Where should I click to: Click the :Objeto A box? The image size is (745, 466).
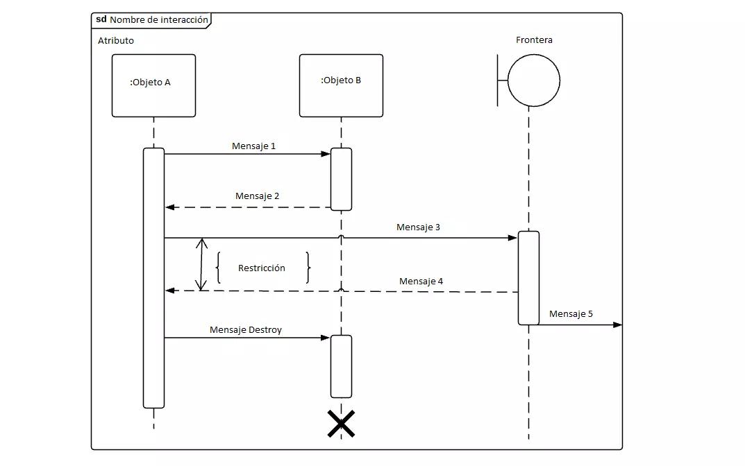[x=153, y=85]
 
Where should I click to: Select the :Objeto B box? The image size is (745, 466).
[x=341, y=85]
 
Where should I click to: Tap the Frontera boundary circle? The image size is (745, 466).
[x=533, y=80]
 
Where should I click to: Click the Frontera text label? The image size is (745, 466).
[x=534, y=40]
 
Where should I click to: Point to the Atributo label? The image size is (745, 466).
[x=116, y=41]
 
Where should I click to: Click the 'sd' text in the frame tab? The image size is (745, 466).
[x=101, y=19]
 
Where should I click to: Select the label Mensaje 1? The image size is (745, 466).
[x=253, y=146]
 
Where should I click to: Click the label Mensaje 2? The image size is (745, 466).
[x=257, y=196]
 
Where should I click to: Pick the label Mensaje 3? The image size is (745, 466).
[x=418, y=227]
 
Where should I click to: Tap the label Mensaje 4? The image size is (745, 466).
[x=421, y=282]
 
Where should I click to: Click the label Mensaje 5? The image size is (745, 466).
[x=571, y=314]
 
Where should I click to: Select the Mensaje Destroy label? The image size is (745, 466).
[x=246, y=330]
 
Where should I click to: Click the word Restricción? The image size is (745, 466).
[x=262, y=268]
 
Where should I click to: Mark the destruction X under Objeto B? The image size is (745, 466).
[x=341, y=424]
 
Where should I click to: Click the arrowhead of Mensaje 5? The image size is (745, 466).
[x=618, y=324]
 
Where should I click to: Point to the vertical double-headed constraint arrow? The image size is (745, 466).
[x=202, y=264]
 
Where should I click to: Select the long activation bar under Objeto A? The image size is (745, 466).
[x=153, y=277]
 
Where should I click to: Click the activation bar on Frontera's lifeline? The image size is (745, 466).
[x=528, y=277]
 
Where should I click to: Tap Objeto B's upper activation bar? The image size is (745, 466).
[x=341, y=179]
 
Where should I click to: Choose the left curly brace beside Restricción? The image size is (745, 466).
[x=218, y=268]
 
